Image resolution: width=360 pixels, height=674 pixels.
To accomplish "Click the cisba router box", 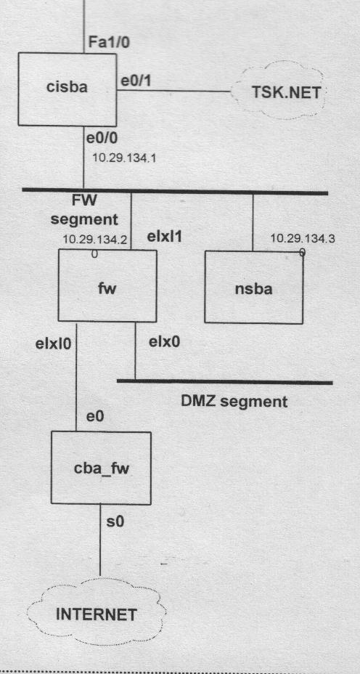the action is [x=67, y=89].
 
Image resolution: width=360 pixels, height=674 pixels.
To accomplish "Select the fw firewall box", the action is [x=107, y=286].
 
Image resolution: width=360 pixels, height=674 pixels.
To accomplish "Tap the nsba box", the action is [x=253, y=287].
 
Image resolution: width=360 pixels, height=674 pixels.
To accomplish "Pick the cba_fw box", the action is [x=101, y=468].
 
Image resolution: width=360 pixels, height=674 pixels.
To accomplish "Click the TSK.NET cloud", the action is [x=279, y=91].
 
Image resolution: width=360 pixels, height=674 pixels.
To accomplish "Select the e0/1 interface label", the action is [x=136, y=81].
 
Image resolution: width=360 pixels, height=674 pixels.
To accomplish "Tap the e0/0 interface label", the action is [x=102, y=139].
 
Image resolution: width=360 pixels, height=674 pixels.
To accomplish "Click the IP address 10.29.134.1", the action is [x=124, y=158].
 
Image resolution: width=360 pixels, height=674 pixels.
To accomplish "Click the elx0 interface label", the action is [x=165, y=342].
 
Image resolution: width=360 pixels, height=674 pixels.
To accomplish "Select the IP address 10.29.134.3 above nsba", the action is [x=303, y=239].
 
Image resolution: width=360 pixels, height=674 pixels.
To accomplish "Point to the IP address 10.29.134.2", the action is [x=94, y=240].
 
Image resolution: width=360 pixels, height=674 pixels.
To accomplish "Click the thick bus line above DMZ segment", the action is [x=225, y=382].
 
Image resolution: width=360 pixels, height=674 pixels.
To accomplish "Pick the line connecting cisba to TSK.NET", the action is [x=174, y=91].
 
